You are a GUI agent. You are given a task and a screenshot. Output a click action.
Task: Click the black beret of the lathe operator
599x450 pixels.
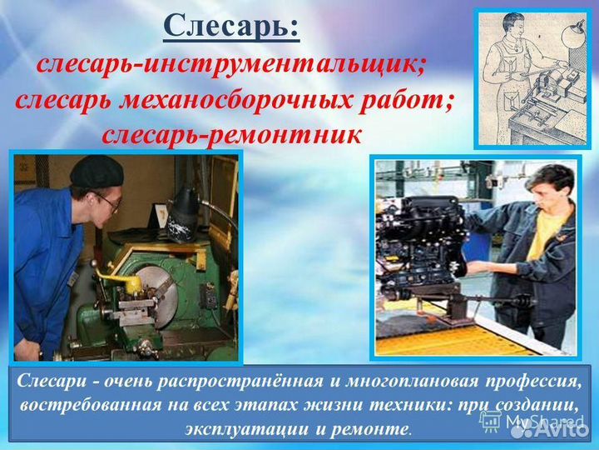96,172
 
